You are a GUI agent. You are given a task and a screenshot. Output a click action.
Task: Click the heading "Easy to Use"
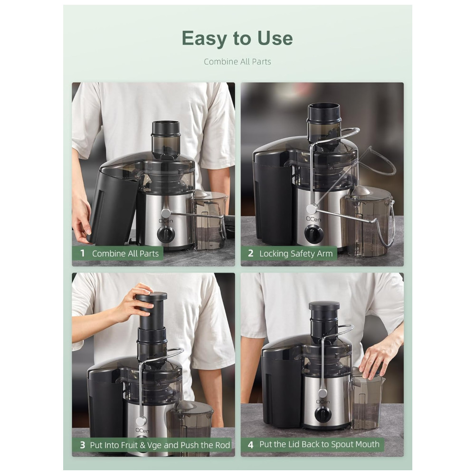[x=237, y=38]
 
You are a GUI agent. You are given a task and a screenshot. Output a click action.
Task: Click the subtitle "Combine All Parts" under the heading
[x=237, y=62]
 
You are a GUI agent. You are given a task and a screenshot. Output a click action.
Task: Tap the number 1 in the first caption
[x=82, y=253]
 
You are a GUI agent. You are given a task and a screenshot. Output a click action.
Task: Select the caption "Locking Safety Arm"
[x=296, y=254]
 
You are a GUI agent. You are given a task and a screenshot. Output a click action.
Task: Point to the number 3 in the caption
[x=82, y=445]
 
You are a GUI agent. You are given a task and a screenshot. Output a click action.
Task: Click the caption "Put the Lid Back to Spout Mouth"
[x=319, y=445]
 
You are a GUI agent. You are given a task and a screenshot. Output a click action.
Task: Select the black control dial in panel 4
[x=323, y=414]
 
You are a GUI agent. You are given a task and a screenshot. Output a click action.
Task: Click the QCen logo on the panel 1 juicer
[x=166, y=221]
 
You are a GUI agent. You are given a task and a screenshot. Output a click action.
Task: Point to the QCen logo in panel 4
[x=323, y=402]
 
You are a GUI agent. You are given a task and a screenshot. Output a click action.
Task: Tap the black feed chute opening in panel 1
[x=165, y=128]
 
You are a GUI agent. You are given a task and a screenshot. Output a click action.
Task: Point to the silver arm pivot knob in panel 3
[x=140, y=421]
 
